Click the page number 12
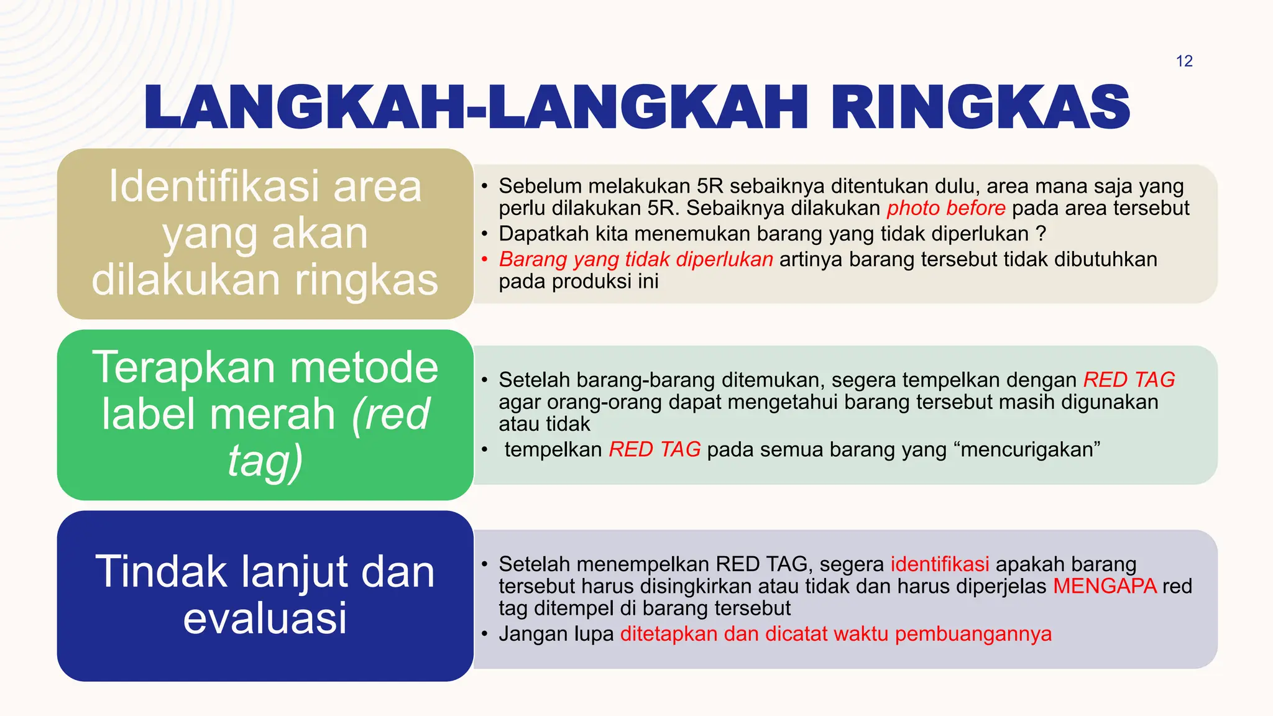pos(1184,61)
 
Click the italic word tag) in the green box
pos(265,461)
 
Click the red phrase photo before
pos(945,208)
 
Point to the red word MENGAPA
pos(1105,586)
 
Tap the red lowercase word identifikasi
pos(939,564)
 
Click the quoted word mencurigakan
pos(1030,449)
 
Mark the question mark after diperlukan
pos(1041,234)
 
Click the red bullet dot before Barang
pos(484,259)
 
